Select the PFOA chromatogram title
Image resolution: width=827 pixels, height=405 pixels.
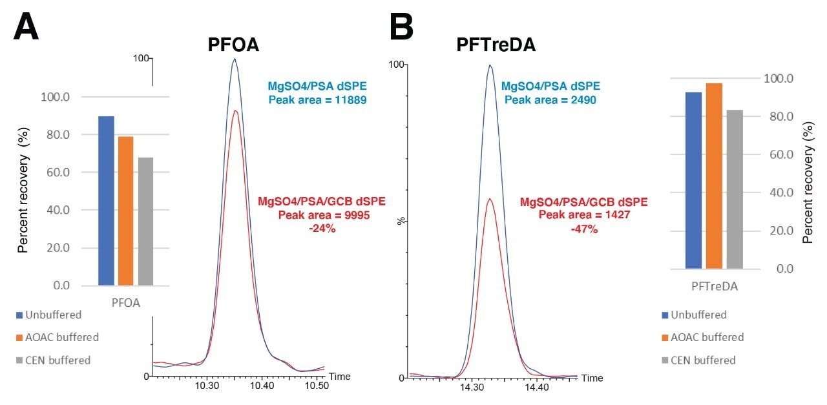(235, 46)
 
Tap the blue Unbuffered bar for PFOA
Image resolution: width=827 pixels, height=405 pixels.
(107, 201)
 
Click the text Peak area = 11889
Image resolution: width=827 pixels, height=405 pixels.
(318, 100)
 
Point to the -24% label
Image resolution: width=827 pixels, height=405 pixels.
(322, 229)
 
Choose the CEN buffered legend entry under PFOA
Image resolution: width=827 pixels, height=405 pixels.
(56, 360)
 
